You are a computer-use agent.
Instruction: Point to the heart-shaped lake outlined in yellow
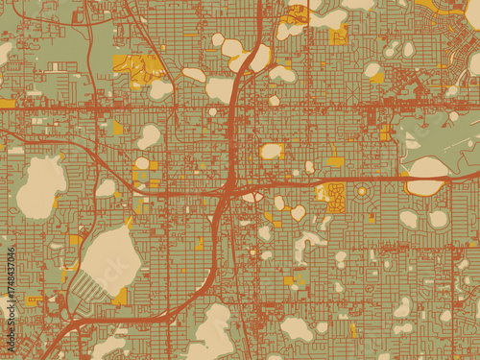click(x=298, y=212)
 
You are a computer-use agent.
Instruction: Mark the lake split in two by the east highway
click(x=427, y=176)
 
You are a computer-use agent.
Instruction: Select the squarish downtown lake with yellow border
click(x=272, y=151)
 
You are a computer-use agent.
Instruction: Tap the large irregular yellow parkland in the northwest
click(x=139, y=69)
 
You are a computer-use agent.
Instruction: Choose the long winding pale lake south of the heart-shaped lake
click(x=307, y=244)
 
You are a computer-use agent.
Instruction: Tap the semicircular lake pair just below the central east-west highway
click(x=252, y=197)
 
